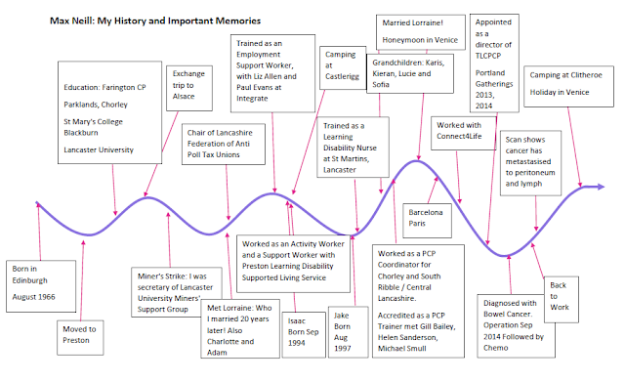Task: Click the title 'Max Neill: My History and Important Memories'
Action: click(155, 21)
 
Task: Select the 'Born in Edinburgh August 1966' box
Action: click(41, 286)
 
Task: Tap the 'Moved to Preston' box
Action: click(80, 337)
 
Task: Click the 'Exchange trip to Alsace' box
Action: click(189, 88)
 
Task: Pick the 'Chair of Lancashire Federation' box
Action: click(224, 144)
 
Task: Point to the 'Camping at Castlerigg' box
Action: click(343, 67)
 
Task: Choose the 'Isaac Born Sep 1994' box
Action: click(304, 334)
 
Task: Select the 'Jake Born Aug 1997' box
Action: click(348, 332)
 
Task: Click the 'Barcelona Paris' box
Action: click(428, 221)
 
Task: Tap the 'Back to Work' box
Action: click(562, 299)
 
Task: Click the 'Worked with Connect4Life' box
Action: click(464, 133)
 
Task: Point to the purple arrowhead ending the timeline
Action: click(600, 187)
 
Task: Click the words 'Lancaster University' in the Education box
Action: click(99, 149)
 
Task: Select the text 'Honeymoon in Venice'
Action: click(420, 40)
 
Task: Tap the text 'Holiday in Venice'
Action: click(560, 92)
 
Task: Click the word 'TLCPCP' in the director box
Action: click(488, 56)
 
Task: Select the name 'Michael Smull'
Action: click(401, 348)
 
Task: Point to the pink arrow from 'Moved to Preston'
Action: click(82, 280)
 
